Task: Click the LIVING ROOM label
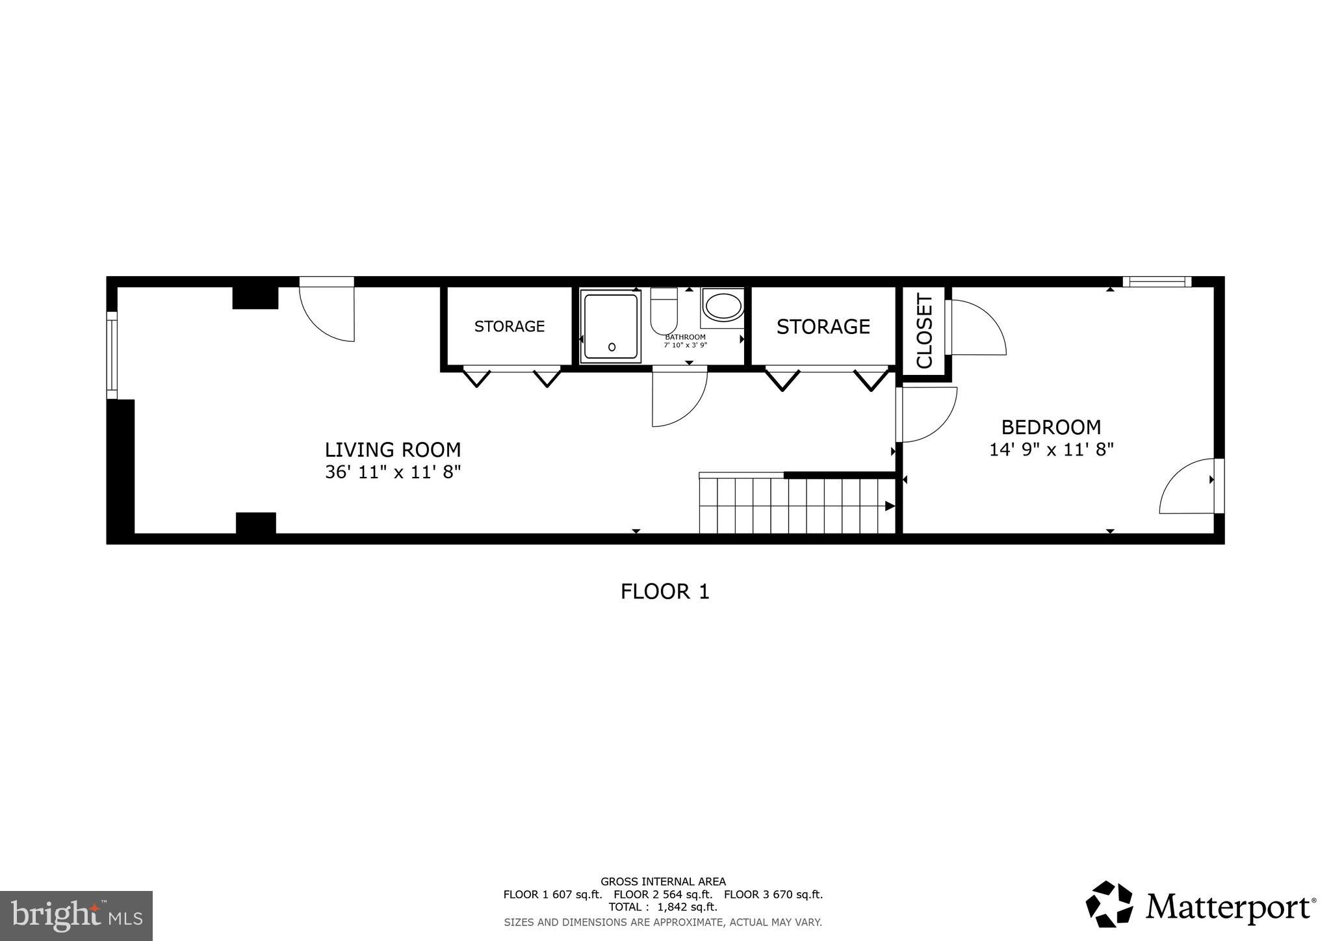(x=393, y=450)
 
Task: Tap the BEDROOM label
(x=1051, y=427)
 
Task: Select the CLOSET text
(x=924, y=331)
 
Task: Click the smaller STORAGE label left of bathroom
(x=509, y=326)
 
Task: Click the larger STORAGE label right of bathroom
(x=823, y=326)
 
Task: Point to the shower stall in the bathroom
(x=610, y=326)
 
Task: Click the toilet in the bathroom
(x=664, y=311)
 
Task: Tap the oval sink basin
(x=723, y=307)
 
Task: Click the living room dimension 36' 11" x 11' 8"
(x=393, y=472)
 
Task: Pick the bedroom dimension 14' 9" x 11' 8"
(x=1051, y=450)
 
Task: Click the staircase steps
(x=796, y=506)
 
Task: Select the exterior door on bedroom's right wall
(x=1189, y=486)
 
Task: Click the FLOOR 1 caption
(x=665, y=591)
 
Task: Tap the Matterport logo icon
(x=1109, y=904)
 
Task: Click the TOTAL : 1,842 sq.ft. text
(x=663, y=907)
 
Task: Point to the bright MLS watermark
(x=76, y=916)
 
